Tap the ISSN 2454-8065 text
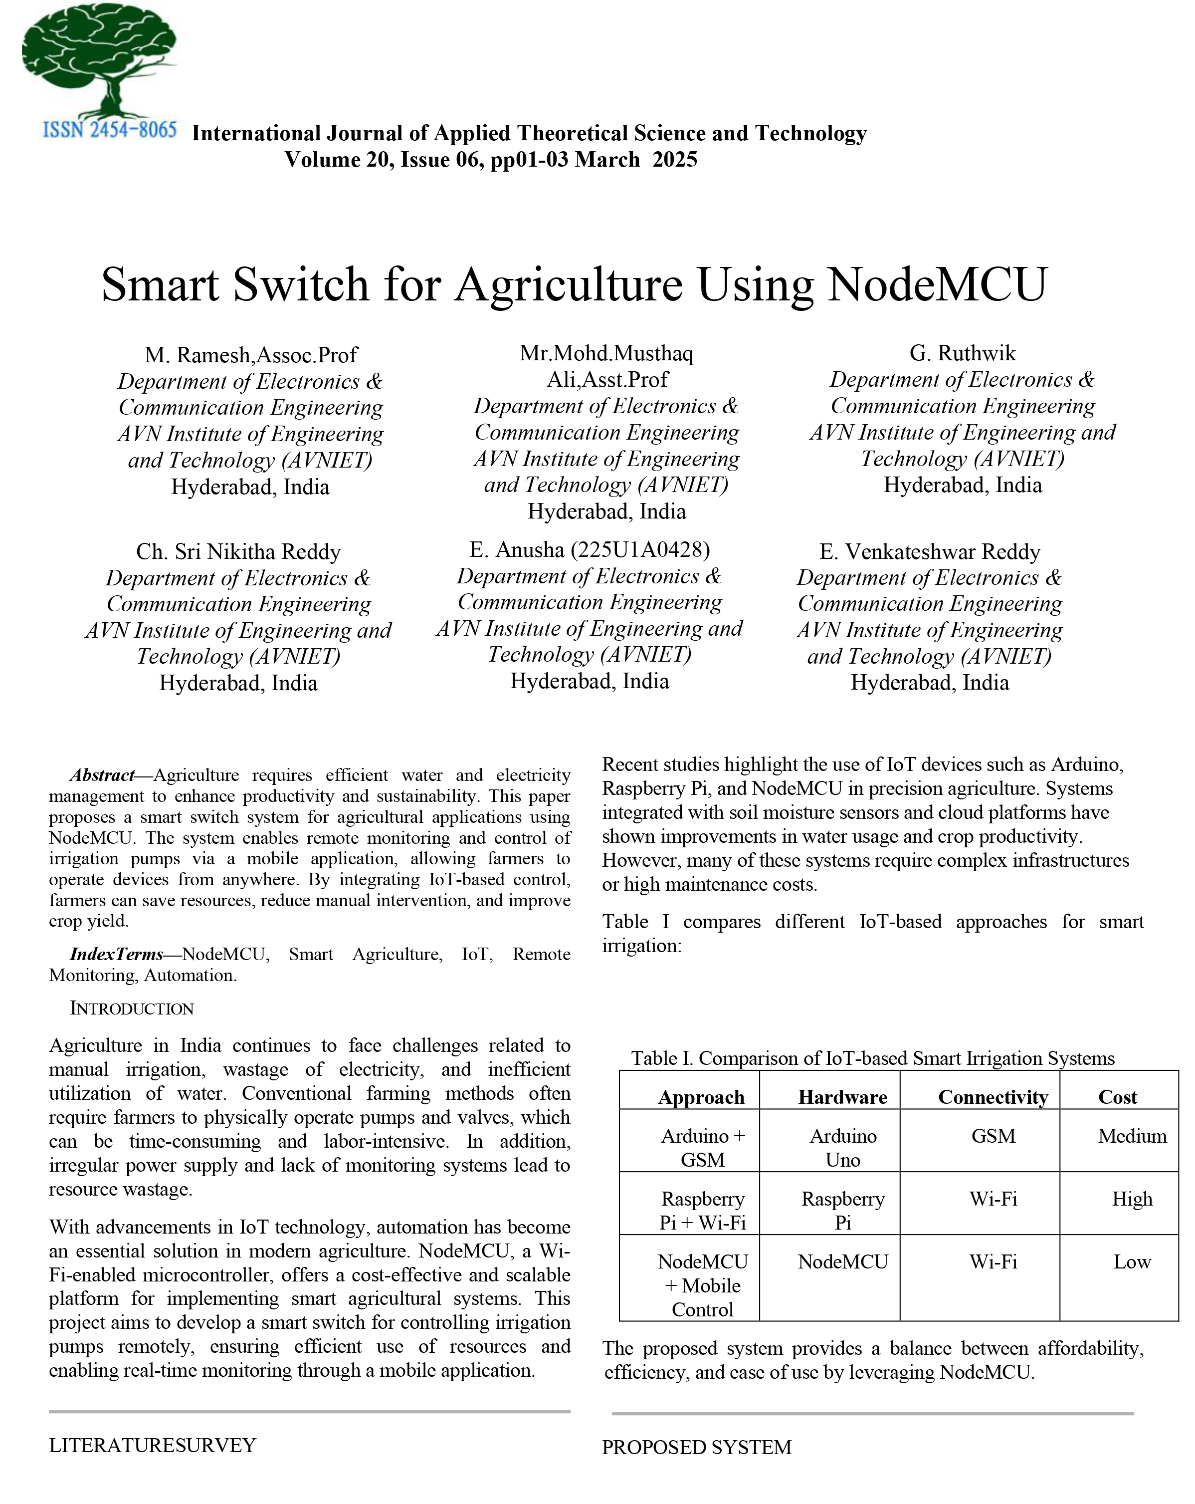tap(109, 130)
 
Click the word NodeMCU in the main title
tap(937, 284)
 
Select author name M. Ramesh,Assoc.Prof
tap(251, 355)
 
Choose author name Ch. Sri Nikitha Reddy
tap(238, 552)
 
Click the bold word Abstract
tap(102, 775)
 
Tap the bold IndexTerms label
tap(116, 954)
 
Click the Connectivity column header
tap(993, 1097)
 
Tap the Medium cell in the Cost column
tap(1132, 1136)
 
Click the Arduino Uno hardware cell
tap(842, 1148)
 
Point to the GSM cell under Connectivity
tap(993, 1136)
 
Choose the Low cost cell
tap(1132, 1262)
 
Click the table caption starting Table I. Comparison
tap(872, 1058)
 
